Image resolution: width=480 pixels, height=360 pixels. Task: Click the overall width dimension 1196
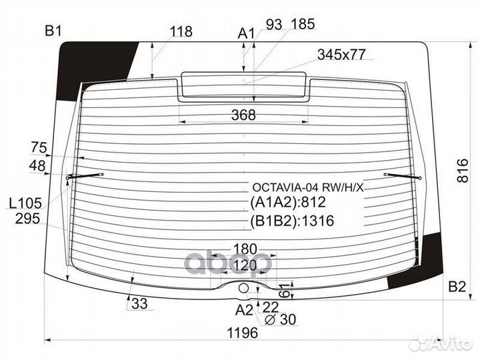tap(240, 333)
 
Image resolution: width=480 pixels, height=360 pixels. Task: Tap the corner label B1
tap(53, 31)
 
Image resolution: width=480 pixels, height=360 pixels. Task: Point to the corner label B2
tap(457, 287)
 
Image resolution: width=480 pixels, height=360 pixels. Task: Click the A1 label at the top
tap(247, 33)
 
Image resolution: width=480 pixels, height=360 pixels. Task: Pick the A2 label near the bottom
tap(245, 309)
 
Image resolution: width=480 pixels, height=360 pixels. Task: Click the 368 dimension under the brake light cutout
tap(243, 115)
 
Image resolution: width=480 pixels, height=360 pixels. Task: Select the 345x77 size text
tap(341, 55)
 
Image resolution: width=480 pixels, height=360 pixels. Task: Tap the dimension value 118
tap(181, 31)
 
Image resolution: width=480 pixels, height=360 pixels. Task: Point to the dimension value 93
tap(274, 25)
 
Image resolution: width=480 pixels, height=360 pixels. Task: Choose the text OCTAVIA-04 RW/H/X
tap(307, 188)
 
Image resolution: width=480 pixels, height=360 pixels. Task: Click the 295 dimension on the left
tap(28, 218)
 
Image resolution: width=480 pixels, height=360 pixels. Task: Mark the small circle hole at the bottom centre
tap(243, 288)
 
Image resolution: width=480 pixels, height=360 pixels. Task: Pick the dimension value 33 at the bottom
tap(139, 304)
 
